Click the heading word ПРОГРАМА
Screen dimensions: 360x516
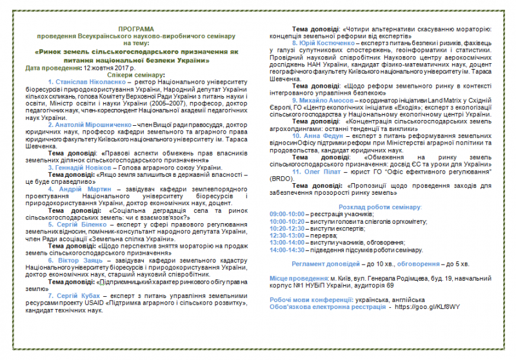136,30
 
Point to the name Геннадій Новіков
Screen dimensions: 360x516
86,167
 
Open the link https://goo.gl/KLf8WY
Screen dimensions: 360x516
428,307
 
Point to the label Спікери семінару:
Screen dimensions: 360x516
136,75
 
